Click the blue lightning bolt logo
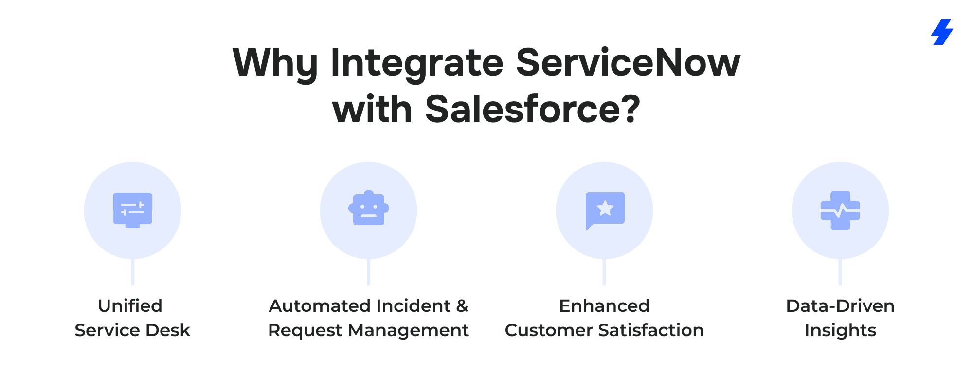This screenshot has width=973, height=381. pos(942,32)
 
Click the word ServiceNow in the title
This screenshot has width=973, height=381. pos(628,63)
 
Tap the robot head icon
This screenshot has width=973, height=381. pos(369,208)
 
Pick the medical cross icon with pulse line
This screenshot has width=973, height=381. pos(840,210)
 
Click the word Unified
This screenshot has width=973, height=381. pos(130,306)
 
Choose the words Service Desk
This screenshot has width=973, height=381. pos(132,330)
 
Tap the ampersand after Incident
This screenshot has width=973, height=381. pos(462,306)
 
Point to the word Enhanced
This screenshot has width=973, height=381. pos(604,306)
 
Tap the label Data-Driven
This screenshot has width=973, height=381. pos(840,306)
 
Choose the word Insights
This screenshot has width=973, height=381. pos(840,331)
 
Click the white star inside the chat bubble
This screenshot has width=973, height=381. pos(605,208)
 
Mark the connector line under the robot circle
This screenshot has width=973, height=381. pos(369,271)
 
